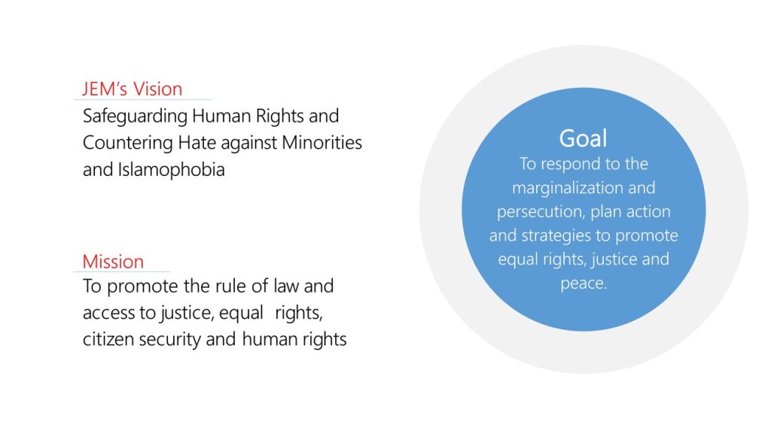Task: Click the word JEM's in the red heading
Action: click(x=105, y=89)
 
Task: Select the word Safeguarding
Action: click(x=136, y=117)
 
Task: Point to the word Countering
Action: click(x=128, y=143)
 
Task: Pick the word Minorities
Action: click(x=322, y=142)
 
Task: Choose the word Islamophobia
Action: click(x=171, y=170)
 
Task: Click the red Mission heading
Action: click(x=113, y=262)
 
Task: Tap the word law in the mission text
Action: click(x=286, y=286)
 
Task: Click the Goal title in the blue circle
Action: click(x=584, y=138)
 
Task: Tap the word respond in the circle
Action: click(x=572, y=165)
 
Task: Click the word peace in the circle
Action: click(x=584, y=283)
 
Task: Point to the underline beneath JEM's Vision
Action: click(x=142, y=100)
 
